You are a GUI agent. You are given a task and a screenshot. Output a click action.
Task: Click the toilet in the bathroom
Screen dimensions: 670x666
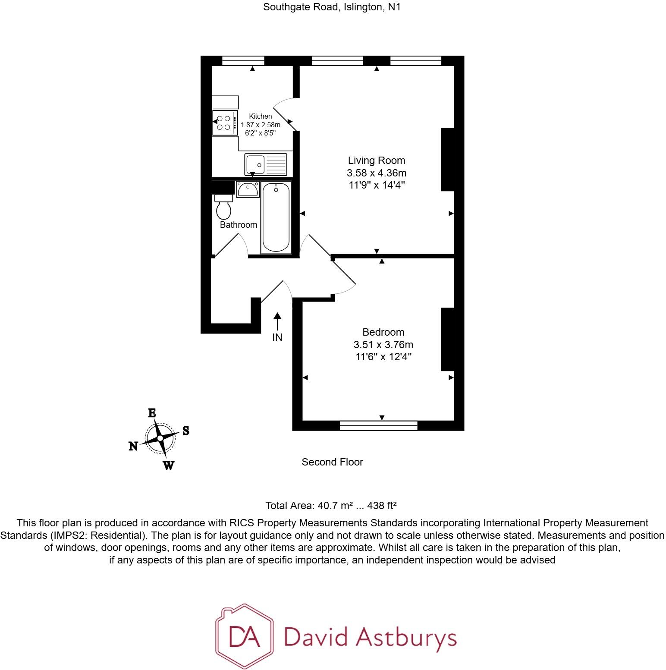pyautogui.click(x=223, y=208)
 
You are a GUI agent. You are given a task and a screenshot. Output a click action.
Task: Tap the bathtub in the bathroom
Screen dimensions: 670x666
pyautogui.click(x=276, y=217)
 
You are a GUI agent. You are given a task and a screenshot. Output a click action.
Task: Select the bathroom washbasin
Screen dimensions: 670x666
pyautogui.click(x=248, y=189)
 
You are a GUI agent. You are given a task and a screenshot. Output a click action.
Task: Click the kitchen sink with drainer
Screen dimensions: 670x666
pyautogui.click(x=265, y=164)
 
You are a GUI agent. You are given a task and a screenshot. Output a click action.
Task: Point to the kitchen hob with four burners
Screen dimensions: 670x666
pyautogui.click(x=225, y=123)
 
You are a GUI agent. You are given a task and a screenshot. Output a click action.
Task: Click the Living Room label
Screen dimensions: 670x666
pyautogui.click(x=376, y=160)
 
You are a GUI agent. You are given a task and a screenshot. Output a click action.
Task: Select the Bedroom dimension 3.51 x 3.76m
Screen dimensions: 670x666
pyautogui.click(x=383, y=345)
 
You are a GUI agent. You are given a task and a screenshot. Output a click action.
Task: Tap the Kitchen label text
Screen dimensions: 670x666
pyautogui.click(x=260, y=116)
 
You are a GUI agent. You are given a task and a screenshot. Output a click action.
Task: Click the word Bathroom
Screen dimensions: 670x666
pyautogui.click(x=238, y=225)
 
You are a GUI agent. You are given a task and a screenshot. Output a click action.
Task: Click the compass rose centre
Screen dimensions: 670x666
pyautogui.click(x=160, y=438)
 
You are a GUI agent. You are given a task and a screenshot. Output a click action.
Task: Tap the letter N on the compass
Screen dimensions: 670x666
pyautogui.click(x=133, y=447)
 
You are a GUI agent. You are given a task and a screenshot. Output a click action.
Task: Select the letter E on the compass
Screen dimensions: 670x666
pyautogui.click(x=152, y=413)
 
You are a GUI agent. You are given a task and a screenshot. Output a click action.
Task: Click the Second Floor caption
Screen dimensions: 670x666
pyautogui.click(x=332, y=462)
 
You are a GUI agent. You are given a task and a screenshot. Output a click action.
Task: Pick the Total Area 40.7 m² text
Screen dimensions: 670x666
pyautogui.click(x=330, y=506)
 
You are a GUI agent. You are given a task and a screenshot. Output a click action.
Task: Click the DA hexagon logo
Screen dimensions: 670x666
pyautogui.click(x=244, y=637)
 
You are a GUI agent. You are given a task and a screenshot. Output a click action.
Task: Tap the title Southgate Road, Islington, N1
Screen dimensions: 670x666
pyautogui.click(x=332, y=7)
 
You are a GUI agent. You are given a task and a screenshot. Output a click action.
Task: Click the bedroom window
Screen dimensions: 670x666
pyautogui.click(x=378, y=426)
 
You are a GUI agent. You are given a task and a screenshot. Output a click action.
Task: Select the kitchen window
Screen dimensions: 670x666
pyautogui.click(x=243, y=61)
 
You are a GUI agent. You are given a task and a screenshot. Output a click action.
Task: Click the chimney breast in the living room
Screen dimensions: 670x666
pyautogui.click(x=447, y=159)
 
